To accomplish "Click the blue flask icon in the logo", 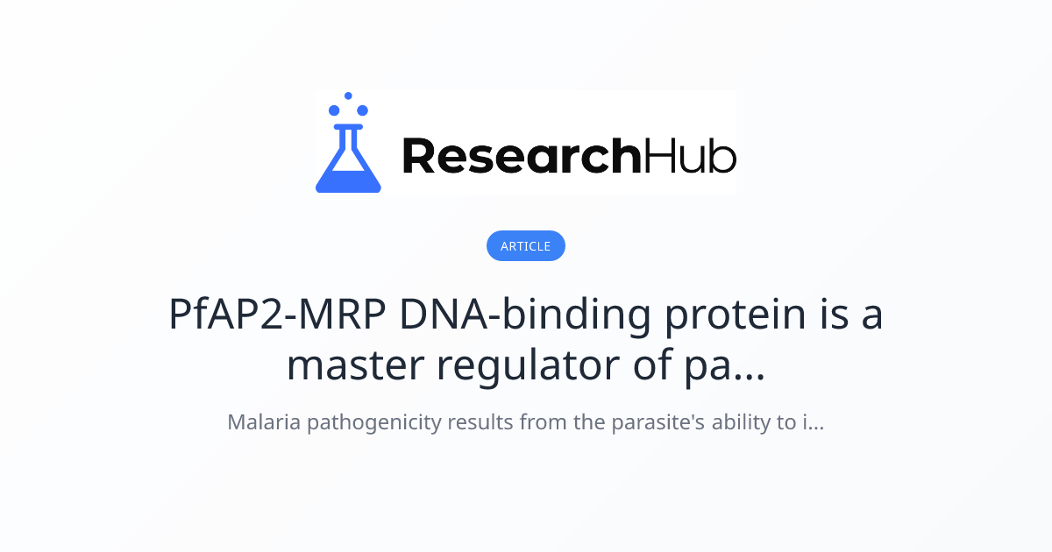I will click(x=348, y=162).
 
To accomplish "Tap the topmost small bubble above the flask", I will click(x=348, y=96).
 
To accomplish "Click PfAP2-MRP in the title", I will click(x=278, y=315).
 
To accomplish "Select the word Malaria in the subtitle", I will click(x=261, y=422).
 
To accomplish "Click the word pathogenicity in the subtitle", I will click(x=372, y=423).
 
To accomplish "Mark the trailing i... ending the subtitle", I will click(x=813, y=422).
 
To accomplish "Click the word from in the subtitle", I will click(x=539, y=422).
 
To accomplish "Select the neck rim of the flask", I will click(x=348, y=127).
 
